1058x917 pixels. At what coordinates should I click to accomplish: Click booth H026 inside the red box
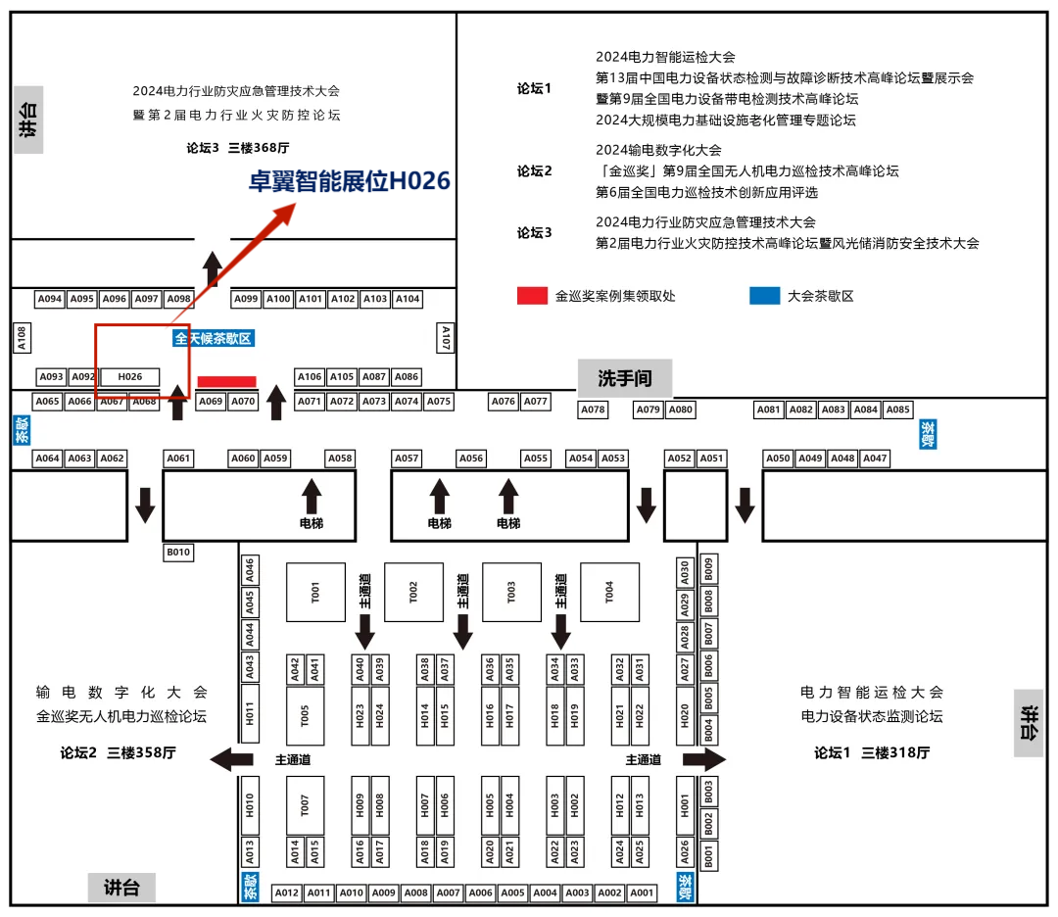[x=130, y=377]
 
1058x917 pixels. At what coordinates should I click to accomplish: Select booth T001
[x=315, y=592]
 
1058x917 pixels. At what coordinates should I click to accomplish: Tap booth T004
[x=609, y=592]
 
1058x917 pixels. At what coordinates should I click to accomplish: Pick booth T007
[x=306, y=805]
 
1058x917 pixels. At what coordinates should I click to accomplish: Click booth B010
[x=178, y=553]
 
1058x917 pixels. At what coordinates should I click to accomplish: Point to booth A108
[x=22, y=338]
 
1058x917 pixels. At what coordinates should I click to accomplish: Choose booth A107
[x=446, y=338]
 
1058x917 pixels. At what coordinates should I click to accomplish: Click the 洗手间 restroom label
[x=624, y=378]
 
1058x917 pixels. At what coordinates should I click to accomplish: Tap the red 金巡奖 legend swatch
[x=532, y=296]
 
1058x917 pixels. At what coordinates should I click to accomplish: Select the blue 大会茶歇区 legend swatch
[x=765, y=296]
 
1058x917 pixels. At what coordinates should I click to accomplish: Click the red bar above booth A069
[x=226, y=381]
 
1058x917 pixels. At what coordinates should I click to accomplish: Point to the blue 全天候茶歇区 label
[x=214, y=339]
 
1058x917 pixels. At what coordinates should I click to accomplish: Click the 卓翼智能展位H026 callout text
[x=350, y=181]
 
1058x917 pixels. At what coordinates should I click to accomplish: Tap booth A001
[x=642, y=893]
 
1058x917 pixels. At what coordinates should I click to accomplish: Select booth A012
[x=286, y=893]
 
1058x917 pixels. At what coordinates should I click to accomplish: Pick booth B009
[x=709, y=570]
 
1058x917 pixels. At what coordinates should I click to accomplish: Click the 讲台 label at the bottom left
[x=121, y=889]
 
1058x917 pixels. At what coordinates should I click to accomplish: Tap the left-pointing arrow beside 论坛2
[x=232, y=758]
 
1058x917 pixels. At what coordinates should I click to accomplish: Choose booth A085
[x=898, y=410]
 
